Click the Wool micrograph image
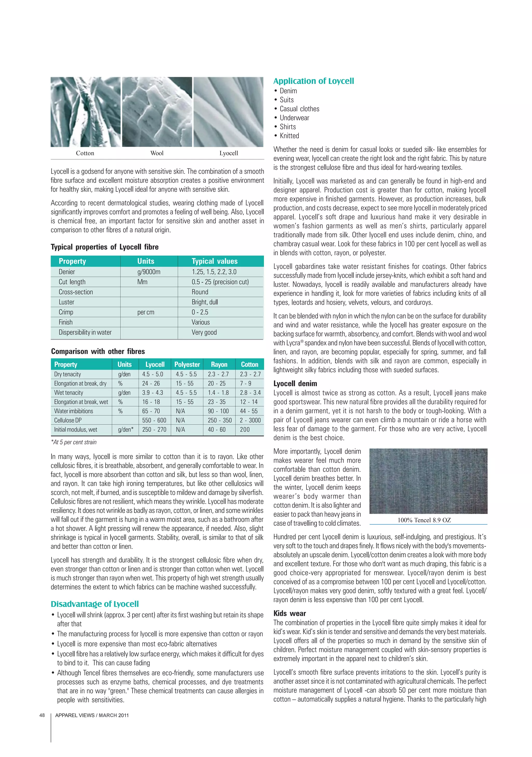[157, 112]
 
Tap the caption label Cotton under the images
[85, 153]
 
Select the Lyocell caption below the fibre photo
[229, 153]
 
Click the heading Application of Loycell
[313, 81]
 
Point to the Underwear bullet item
[294, 118]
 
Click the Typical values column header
[215, 261]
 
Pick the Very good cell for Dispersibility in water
[204, 332]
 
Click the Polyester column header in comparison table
[187, 364]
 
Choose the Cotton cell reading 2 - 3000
[250, 420]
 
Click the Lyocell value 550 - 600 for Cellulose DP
[154, 420]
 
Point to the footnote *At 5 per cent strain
[74, 442]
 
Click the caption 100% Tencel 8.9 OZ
[424, 520]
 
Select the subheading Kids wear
[290, 613]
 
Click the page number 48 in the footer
[42, 715]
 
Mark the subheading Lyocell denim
[295, 383]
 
